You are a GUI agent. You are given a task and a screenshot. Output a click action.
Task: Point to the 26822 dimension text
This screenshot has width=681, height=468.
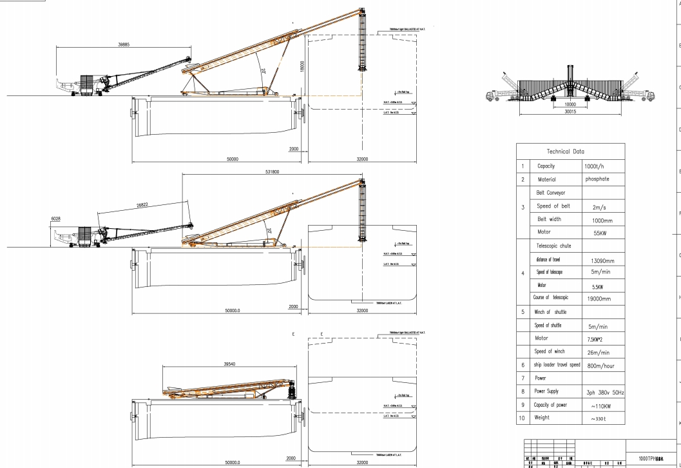point(145,205)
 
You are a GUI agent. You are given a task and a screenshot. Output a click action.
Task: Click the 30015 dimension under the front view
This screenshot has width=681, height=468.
point(570,110)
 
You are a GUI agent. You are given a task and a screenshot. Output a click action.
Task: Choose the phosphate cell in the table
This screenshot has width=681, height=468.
point(601,180)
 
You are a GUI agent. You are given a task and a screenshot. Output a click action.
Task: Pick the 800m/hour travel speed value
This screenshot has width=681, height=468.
point(602,364)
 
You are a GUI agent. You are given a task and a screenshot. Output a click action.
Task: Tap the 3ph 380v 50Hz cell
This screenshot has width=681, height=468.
point(602,391)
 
